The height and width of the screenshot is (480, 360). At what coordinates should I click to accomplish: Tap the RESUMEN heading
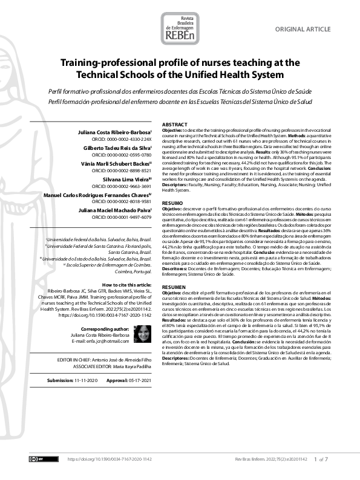tap(174, 287)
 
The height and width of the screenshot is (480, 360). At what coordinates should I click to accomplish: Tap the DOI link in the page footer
tap(110, 460)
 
